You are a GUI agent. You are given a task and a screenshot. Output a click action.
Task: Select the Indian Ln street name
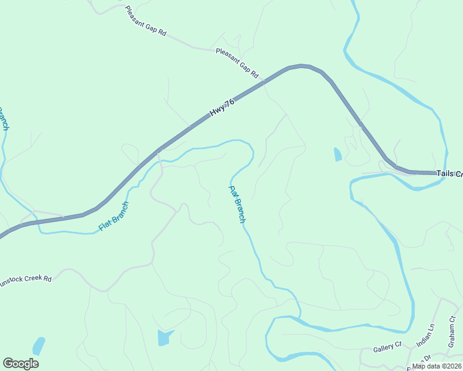(x=426, y=334)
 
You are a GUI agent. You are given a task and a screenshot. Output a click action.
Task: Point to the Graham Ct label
(x=452, y=333)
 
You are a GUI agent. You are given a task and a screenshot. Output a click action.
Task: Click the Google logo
(x=20, y=364)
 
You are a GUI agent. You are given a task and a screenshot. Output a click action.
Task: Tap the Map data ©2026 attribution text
(x=437, y=366)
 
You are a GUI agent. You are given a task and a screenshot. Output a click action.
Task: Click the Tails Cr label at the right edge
(x=449, y=174)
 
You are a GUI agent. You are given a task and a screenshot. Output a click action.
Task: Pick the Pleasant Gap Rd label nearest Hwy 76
(x=237, y=63)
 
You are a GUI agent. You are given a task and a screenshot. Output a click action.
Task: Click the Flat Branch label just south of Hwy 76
(x=114, y=217)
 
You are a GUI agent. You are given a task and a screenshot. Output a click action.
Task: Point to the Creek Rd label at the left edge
(x=26, y=279)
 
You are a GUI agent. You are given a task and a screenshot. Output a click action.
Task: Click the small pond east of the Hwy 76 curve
(x=337, y=154)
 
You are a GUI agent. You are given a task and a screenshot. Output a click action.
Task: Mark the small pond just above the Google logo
(x=38, y=345)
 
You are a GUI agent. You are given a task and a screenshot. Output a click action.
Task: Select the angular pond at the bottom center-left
(x=165, y=337)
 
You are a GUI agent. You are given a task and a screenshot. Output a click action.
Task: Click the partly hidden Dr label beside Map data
(x=426, y=358)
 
